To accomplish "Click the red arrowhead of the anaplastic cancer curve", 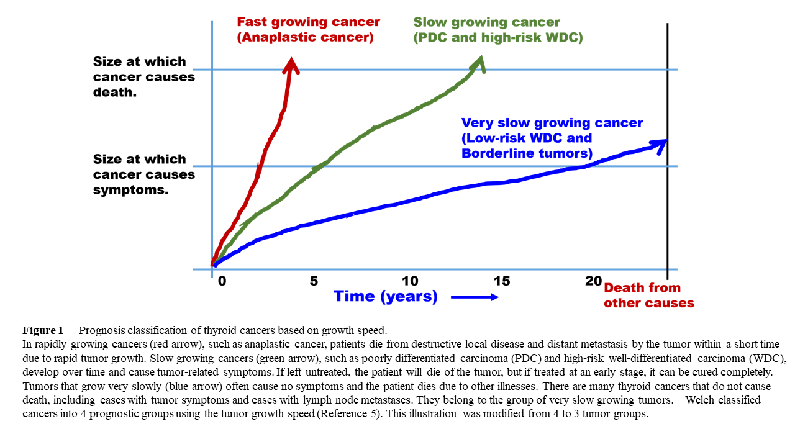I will [x=291, y=64].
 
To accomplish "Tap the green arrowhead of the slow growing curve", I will [x=478, y=63].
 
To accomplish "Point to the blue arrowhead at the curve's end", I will [x=661, y=143].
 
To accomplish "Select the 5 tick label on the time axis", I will [x=314, y=281].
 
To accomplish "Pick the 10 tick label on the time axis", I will [x=410, y=281].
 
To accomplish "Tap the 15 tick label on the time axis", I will [x=501, y=281].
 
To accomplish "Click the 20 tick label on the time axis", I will [x=594, y=281].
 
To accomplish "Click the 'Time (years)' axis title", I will [x=385, y=296].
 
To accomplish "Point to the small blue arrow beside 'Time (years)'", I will [x=475, y=297].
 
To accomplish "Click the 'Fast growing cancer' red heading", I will [x=309, y=22].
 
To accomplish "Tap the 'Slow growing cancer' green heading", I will [x=487, y=22].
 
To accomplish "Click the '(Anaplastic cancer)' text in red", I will [x=305, y=37].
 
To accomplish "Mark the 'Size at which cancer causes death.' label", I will [x=144, y=77].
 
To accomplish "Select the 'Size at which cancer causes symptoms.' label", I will [x=144, y=174].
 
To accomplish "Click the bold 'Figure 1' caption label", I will [x=43, y=330].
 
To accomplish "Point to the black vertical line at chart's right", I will [x=668, y=186].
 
